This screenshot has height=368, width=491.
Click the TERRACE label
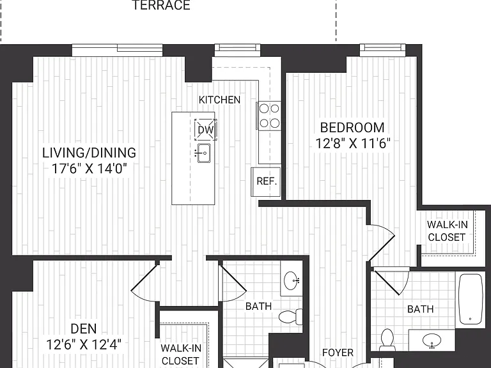coord(162,5)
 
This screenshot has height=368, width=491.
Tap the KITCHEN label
coord(219,100)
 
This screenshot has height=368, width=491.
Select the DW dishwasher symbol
coord(205,130)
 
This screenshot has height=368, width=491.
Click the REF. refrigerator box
coord(266,181)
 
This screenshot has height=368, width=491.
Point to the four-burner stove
coord(269,116)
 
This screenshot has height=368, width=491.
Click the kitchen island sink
coord(203,153)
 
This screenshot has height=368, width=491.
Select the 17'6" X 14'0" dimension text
coord(89,169)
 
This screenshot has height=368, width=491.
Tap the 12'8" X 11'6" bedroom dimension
coord(353,144)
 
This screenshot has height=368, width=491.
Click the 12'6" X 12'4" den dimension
coord(83,345)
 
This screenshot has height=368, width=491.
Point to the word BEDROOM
coord(352,128)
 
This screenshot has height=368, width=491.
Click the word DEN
coord(83,329)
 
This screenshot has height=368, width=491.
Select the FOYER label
coord(338,353)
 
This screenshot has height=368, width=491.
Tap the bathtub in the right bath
coord(471,299)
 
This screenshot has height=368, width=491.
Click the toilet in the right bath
coord(387,339)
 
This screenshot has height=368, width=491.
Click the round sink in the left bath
coord(292,280)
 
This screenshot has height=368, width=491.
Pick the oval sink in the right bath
coord(432,340)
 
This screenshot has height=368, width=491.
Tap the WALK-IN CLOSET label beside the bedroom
coord(447,231)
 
